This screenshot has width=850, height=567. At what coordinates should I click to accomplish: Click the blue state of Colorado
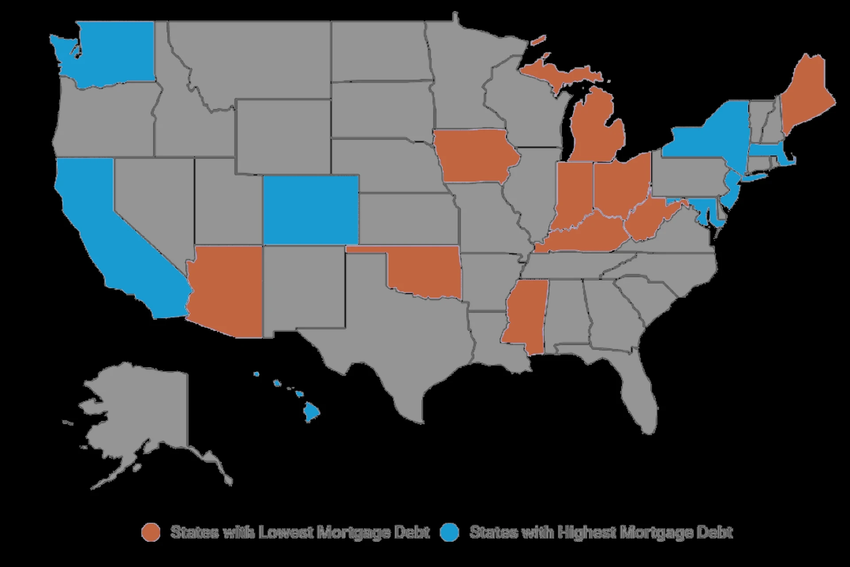click(x=311, y=210)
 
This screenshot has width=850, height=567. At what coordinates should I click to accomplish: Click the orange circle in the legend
click(x=151, y=532)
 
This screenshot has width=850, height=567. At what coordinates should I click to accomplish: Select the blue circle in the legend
click(x=449, y=532)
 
